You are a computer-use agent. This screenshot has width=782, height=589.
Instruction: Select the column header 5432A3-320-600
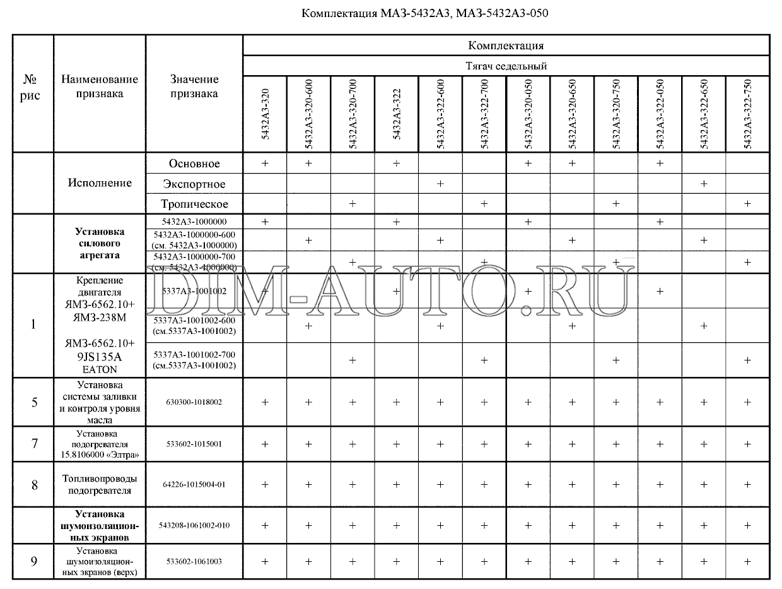[x=308, y=115]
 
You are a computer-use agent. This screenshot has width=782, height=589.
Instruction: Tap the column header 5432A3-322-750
[x=747, y=115]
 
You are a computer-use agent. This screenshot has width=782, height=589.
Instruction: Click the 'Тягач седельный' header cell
[x=506, y=66]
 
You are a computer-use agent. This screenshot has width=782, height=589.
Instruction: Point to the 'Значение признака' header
[x=194, y=86]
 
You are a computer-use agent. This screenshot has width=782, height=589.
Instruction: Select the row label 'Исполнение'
[x=100, y=183]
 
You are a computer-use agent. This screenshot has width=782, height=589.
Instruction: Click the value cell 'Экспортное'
[x=194, y=184]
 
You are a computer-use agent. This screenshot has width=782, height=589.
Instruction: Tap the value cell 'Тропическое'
[x=194, y=204]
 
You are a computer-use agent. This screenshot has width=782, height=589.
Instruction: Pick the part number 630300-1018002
[x=194, y=402]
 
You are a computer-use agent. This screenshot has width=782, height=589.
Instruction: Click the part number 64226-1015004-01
[x=194, y=484]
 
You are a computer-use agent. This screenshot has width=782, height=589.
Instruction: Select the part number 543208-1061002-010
[x=194, y=525]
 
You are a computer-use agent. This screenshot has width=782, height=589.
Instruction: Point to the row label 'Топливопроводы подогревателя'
[x=100, y=484]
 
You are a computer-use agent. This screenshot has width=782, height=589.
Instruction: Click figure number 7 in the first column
[x=35, y=444]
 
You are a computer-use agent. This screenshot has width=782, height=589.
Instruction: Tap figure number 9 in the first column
[x=35, y=561]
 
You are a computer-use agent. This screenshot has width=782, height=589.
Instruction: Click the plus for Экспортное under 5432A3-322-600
[x=440, y=184]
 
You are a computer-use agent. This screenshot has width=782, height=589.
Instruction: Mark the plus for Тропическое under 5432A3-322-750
[x=747, y=204]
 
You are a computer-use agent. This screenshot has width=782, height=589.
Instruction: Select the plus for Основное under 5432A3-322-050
[x=660, y=164]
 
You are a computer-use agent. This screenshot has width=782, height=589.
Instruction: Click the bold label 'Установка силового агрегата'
[x=100, y=244]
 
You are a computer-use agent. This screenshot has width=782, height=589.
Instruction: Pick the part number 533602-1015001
[x=194, y=444]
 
